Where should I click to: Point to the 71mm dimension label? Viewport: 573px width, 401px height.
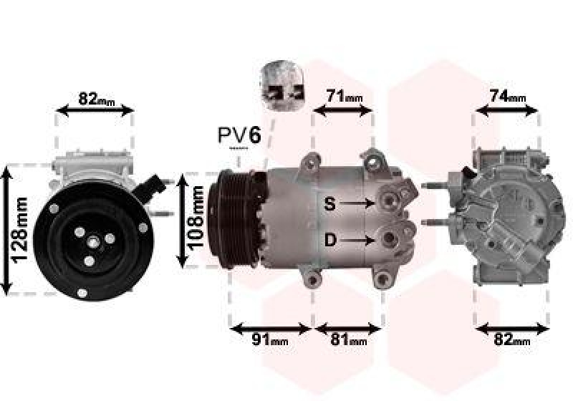coord(345,96)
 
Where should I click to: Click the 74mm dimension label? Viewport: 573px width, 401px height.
coord(507,96)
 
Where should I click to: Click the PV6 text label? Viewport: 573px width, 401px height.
coord(239,135)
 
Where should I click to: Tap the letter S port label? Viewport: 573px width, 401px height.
coord(329,204)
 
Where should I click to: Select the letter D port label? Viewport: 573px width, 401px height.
coord(329,241)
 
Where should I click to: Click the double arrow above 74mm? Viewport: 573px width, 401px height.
coord(507,110)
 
